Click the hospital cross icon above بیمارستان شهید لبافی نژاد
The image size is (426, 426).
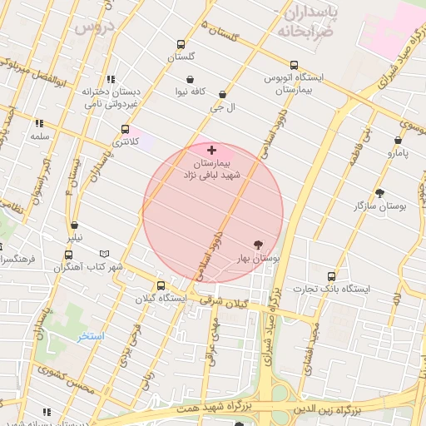[212, 151]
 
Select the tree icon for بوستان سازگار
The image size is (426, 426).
[380, 193]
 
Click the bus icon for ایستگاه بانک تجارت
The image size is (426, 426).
[332, 276]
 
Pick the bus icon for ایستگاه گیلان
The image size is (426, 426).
[161, 285]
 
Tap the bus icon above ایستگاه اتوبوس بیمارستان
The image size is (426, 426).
[294, 65]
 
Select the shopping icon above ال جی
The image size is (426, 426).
[221, 96]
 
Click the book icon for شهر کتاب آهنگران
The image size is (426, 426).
[104, 254]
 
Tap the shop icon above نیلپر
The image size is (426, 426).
[75, 225]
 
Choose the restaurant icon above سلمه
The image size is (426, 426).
[39, 123]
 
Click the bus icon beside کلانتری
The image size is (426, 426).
[126, 129]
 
